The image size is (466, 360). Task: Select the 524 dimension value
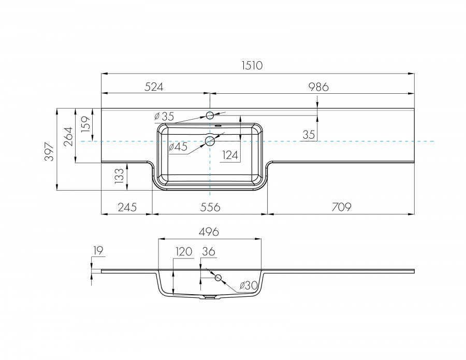tap(154, 87)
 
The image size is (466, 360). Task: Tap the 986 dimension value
tap(318, 87)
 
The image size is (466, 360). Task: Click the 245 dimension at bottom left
tap(127, 207)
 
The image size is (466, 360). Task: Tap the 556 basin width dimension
tap(210, 207)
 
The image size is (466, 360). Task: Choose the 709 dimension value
tap(341, 207)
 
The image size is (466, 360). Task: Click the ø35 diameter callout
tap(165, 116)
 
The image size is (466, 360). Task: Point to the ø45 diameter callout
tap(178, 147)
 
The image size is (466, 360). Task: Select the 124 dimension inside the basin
tap(231, 154)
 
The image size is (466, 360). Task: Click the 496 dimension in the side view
tap(209, 232)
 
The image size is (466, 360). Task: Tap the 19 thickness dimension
tap(98, 251)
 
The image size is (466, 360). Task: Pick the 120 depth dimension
tap(183, 252)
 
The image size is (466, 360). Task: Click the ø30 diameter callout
tap(249, 285)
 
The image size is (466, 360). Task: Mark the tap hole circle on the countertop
tap(210, 115)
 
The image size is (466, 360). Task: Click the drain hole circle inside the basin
tap(210, 141)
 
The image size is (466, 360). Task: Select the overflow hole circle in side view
tap(218, 278)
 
